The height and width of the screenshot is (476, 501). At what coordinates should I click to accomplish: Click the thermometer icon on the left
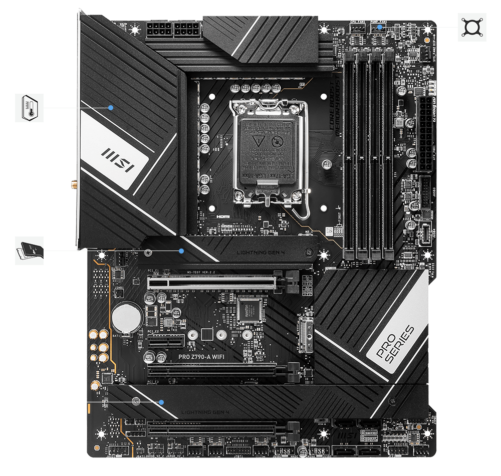pos(30,108)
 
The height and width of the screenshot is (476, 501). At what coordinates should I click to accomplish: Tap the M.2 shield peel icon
pos(30,251)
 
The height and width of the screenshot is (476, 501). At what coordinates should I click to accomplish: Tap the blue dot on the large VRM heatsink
pos(111,107)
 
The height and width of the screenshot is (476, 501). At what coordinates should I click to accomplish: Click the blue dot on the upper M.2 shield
pos(182,251)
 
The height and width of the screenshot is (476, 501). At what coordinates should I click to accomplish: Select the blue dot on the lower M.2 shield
pos(161,402)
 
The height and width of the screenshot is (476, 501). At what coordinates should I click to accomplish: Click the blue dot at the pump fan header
pos(380,27)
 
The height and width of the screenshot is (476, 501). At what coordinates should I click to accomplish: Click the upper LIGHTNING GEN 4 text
pos(260,251)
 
